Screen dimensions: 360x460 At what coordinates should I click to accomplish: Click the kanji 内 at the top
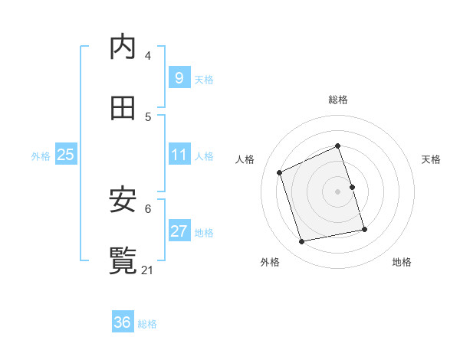coord(123,47)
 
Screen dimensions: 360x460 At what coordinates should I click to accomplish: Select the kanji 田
coord(123,108)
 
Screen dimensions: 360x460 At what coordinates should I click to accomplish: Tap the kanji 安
coord(123,200)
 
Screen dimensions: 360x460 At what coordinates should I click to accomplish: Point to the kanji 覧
coord(123,260)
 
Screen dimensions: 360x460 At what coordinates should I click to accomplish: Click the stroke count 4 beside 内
coord(148,56)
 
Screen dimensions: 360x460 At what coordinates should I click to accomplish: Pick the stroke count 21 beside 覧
coord(149,270)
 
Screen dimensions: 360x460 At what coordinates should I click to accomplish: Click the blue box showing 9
coord(179,77)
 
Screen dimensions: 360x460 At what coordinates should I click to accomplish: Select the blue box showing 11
coord(179,155)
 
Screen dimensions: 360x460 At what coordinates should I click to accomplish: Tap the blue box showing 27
coord(179,231)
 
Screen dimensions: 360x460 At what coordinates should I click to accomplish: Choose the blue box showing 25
coord(66,155)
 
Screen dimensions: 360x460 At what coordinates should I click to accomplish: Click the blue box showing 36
coord(123,322)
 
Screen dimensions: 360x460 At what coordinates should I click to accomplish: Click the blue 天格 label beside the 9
coord(204,79)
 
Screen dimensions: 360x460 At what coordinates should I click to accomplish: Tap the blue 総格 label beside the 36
coord(147,324)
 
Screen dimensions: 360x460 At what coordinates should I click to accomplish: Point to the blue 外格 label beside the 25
coord(41,156)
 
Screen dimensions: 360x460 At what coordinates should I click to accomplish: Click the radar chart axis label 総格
coord(338,100)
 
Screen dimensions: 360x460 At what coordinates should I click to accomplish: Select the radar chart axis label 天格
coord(432,159)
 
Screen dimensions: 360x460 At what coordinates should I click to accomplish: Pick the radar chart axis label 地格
coord(402,263)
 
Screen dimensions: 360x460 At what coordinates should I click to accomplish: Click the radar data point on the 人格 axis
coord(280,172)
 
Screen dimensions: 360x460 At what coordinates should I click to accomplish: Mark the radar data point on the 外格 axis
coord(302,242)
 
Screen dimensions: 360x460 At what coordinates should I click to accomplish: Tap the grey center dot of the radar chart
coord(338,191)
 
